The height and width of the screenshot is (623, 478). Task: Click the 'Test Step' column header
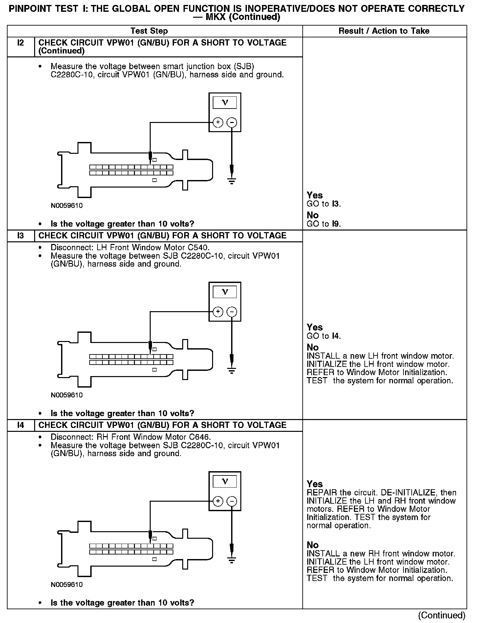click(149, 31)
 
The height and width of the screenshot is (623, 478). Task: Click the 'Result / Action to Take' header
click(384, 31)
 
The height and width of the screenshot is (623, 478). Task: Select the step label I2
click(20, 43)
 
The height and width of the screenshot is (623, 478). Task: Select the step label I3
click(20, 236)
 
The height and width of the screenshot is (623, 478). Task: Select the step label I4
click(20, 425)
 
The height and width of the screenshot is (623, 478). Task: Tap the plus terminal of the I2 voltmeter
click(218, 123)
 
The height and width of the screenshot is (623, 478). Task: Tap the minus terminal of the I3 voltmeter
click(232, 312)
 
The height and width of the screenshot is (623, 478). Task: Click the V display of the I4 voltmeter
click(225, 481)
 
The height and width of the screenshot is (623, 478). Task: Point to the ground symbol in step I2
click(232, 181)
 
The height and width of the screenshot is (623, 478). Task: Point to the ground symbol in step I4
click(232, 560)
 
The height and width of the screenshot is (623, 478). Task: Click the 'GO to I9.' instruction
click(324, 224)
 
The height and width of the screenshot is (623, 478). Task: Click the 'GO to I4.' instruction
click(324, 336)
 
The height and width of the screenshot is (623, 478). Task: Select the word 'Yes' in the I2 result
click(315, 195)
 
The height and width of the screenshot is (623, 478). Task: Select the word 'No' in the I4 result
click(313, 545)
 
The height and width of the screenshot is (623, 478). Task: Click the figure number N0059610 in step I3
click(67, 395)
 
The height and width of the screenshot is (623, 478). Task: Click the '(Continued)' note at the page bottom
click(442, 615)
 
